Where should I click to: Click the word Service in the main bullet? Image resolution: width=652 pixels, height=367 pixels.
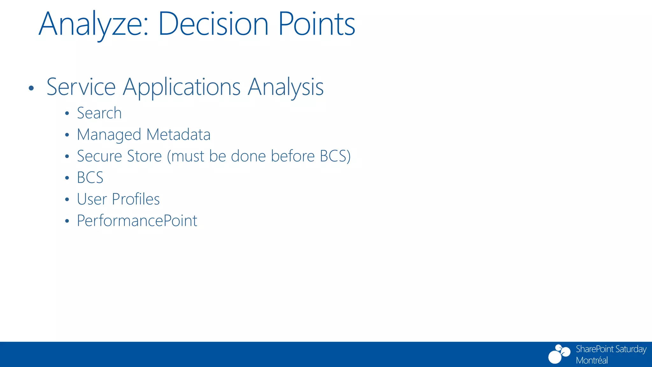coord(81,87)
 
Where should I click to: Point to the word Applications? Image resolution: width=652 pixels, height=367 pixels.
coord(181,87)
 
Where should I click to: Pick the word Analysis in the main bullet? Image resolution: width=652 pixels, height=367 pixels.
coord(286,87)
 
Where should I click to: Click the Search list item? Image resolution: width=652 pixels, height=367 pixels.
coord(99,113)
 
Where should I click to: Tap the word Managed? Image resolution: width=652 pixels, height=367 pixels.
coord(109,135)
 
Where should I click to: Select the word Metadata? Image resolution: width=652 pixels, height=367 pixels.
coord(178,134)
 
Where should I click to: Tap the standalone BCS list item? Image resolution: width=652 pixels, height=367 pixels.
coord(90,178)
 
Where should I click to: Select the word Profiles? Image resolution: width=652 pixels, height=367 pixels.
coord(136,199)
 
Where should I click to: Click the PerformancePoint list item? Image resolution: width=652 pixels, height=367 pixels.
coord(137,221)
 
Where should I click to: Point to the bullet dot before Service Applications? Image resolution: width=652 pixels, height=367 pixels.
coord(31,88)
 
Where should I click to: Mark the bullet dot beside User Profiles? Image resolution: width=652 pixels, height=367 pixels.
coord(67,200)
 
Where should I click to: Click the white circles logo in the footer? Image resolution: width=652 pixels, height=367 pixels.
coord(559,354)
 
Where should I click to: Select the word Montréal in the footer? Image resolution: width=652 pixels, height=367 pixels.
coord(592,360)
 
